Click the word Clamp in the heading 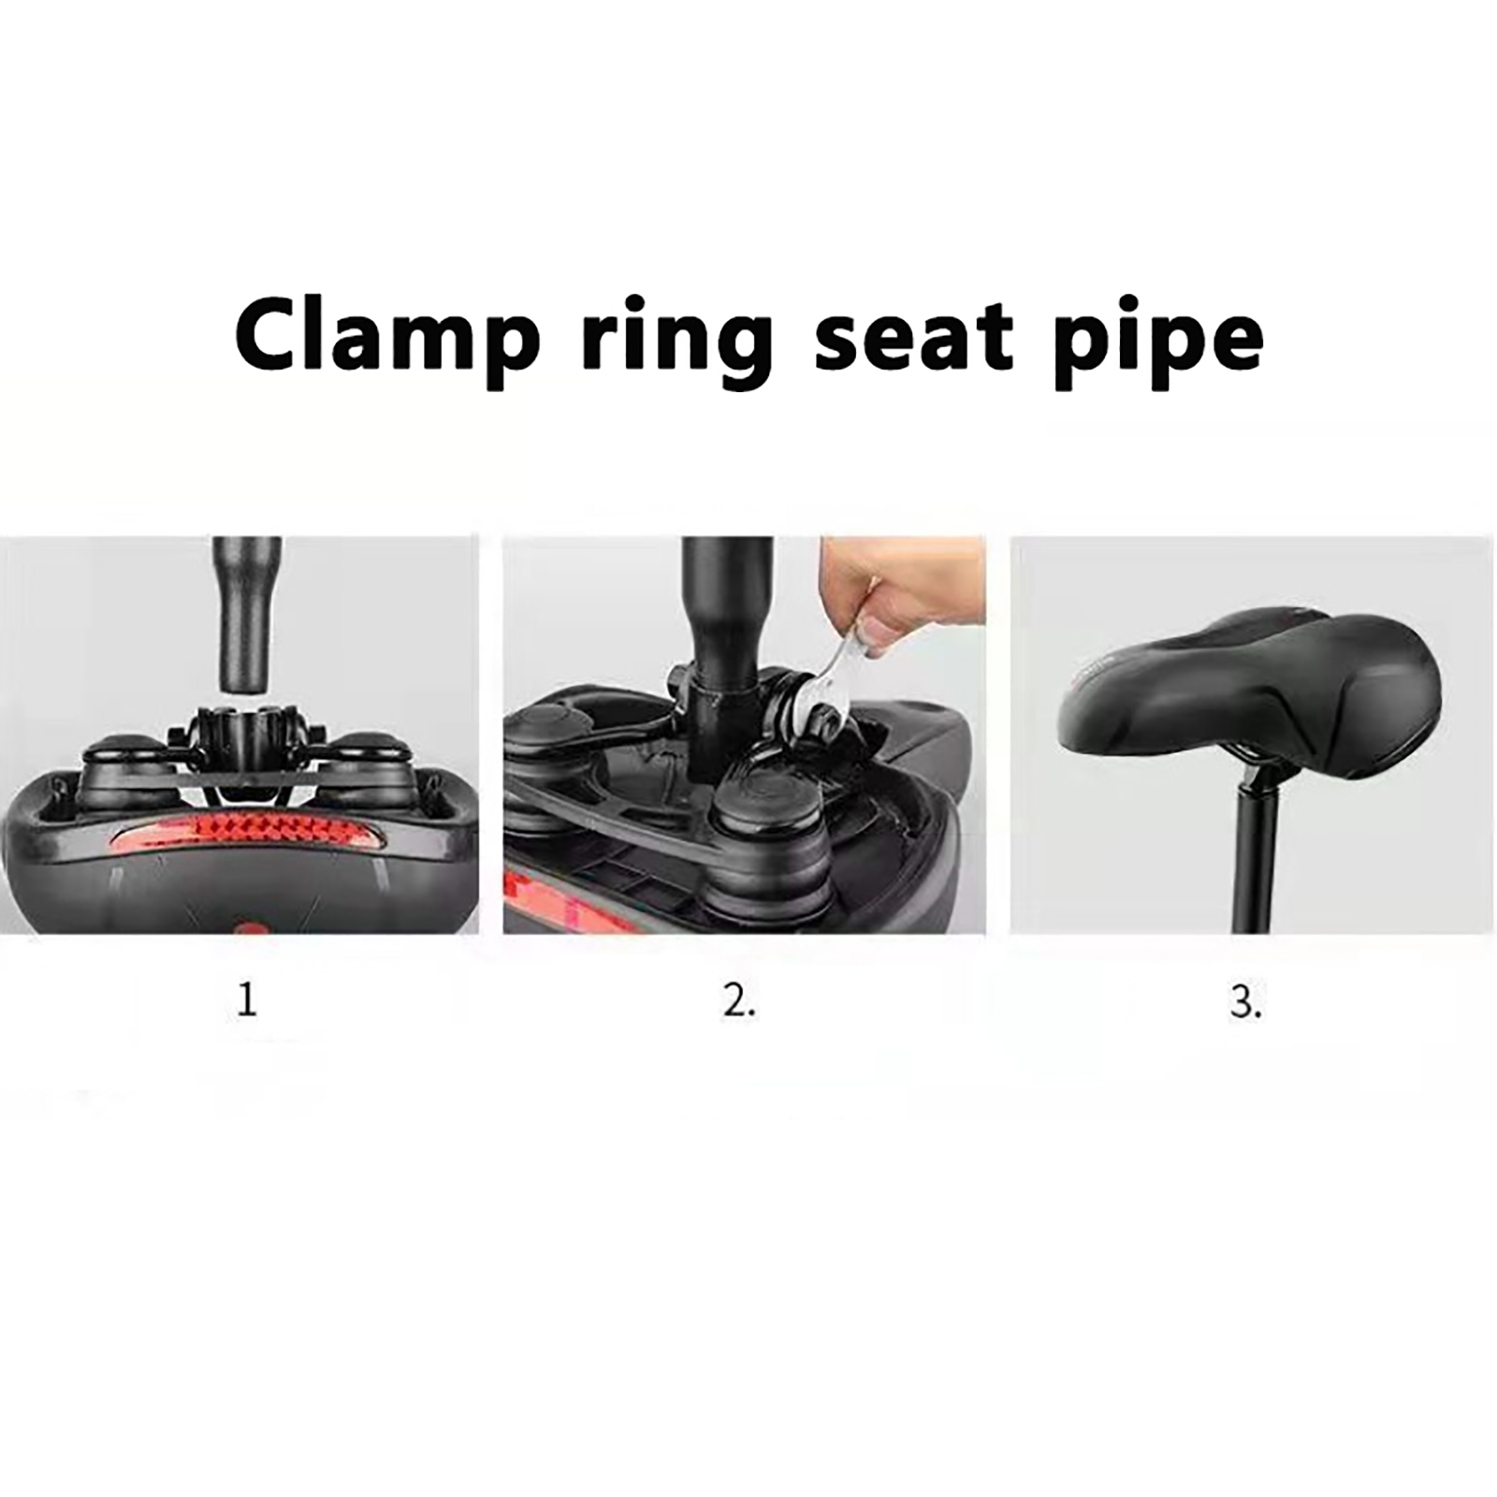pyautogui.click(x=387, y=335)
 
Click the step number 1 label pyautogui.click(x=246, y=1000)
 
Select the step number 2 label pyautogui.click(x=739, y=1000)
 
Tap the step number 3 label pyautogui.click(x=1245, y=1001)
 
